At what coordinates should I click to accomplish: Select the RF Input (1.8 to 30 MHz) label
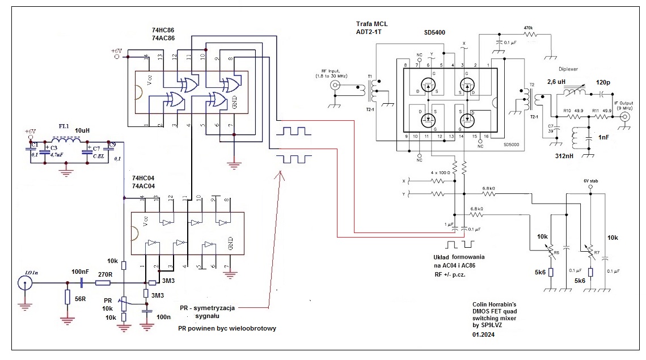pos(335,72)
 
